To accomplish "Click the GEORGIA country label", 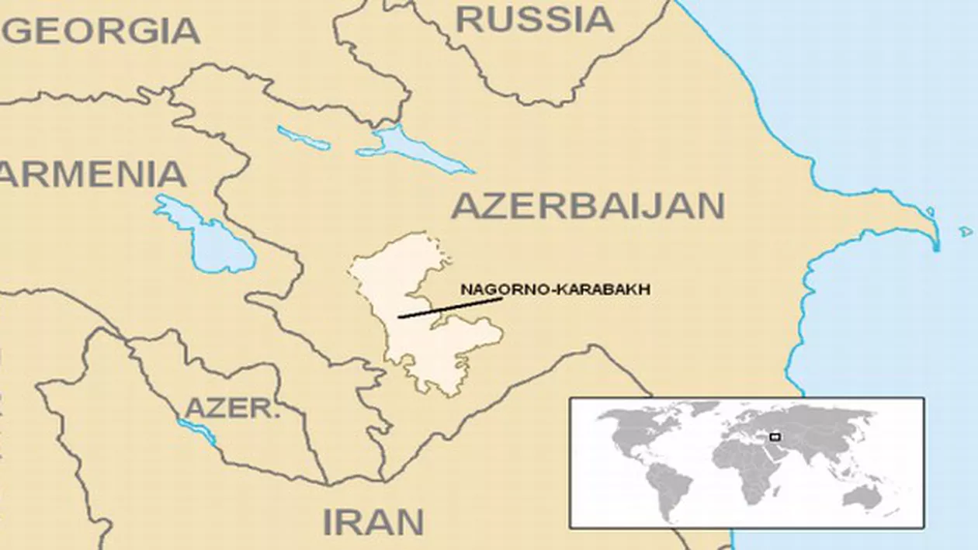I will (105, 31).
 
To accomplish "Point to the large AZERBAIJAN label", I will (588, 206).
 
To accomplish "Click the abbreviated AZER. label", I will (232, 408).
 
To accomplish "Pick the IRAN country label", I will (373, 521).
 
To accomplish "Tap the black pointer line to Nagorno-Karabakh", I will (450, 307).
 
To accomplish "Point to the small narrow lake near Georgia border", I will (303, 137).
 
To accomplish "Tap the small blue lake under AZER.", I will (198, 431).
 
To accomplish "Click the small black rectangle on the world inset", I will (775, 438).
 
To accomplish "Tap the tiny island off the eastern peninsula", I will (966, 231).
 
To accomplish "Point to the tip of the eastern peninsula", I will (935, 237).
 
